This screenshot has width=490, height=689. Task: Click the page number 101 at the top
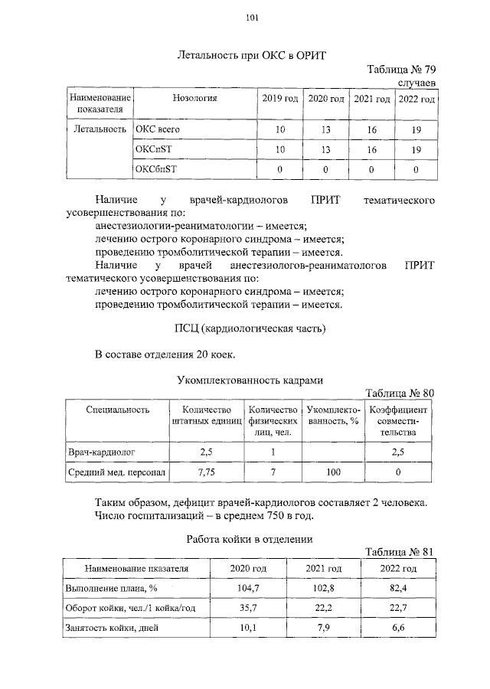point(252,18)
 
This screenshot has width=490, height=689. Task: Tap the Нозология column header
point(195,99)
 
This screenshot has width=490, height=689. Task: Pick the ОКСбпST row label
point(155,168)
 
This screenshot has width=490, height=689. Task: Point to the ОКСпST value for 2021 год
point(371,149)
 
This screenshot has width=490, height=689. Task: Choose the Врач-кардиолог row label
point(103,452)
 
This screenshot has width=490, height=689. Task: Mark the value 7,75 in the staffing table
point(206,473)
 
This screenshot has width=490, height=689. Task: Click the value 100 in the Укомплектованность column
point(333,473)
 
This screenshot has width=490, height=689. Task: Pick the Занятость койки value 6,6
point(397,629)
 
